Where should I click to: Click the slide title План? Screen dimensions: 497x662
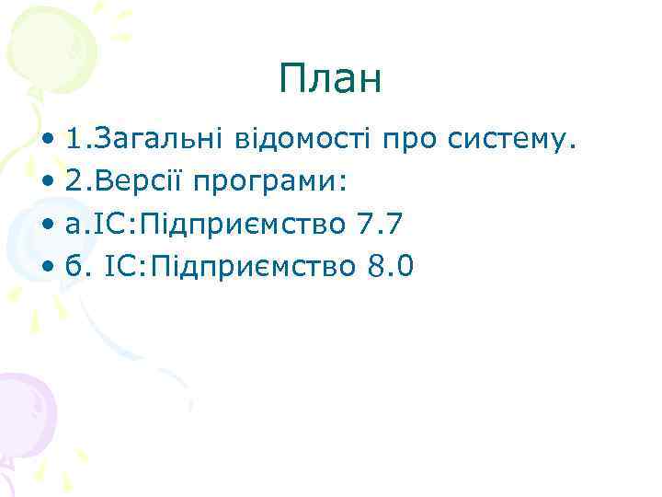click(330, 80)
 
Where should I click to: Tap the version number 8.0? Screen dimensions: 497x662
click(391, 267)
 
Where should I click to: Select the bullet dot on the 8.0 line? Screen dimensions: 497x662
click(47, 268)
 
